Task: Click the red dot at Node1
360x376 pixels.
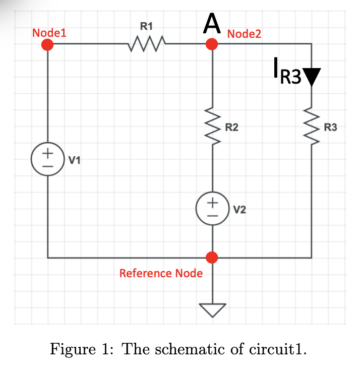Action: point(47,45)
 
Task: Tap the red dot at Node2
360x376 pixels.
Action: point(212,45)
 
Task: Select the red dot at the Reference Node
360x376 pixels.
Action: point(212,258)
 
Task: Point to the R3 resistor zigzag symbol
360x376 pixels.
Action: point(311,128)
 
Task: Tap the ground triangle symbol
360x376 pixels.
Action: point(212,309)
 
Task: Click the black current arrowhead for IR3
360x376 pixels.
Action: point(311,77)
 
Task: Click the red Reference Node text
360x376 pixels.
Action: point(161,273)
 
